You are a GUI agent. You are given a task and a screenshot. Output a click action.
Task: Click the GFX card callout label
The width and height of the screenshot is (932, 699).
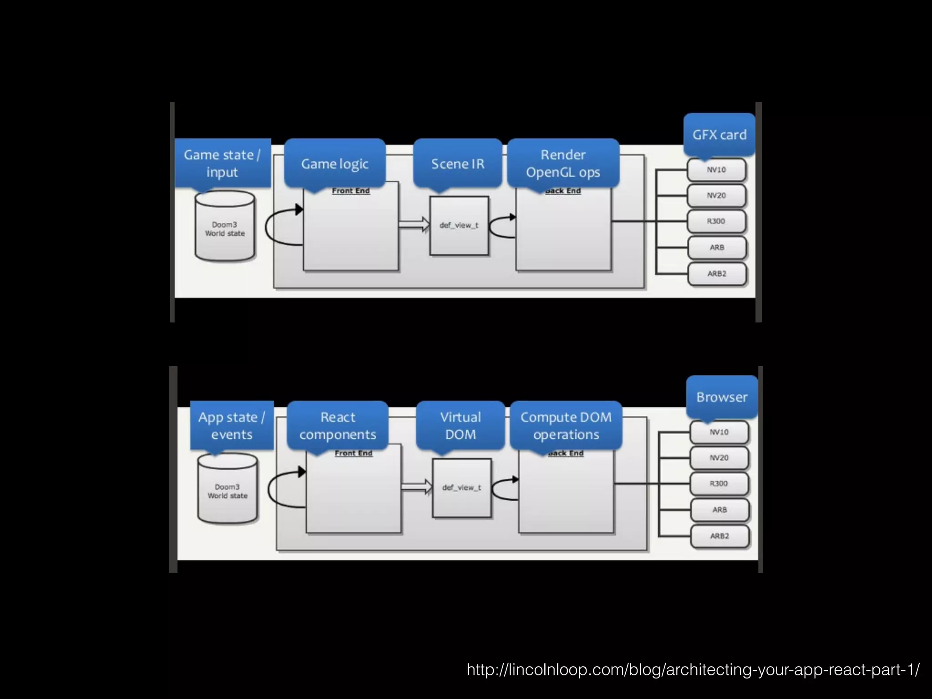pyautogui.click(x=719, y=135)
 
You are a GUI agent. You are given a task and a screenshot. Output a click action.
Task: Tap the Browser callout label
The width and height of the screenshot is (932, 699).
pyautogui.click(x=722, y=397)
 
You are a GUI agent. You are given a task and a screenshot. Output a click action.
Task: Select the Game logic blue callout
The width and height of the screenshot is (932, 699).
pyautogui.click(x=335, y=163)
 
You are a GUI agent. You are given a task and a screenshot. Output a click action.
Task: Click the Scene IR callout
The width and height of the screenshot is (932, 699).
pyautogui.click(x=458, y=163)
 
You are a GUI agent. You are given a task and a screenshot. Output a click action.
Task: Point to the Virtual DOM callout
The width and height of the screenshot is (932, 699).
pyautogui.click(x=461, y=425)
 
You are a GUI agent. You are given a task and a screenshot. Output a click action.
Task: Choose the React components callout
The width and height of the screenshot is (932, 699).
pyautogui.click(x=338, y=425)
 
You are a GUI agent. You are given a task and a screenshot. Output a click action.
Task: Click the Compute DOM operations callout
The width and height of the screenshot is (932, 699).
pyautogui.click(x=566, y=425)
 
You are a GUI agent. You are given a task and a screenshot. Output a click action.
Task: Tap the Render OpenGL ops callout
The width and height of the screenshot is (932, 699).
pyautogui.click(x=563, y=163)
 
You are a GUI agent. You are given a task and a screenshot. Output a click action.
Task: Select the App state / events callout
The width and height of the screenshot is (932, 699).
pyautogui.click(x=232, y=425)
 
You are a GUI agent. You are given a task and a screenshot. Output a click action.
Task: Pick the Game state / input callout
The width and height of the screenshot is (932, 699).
pyautogui.click(x=223, y=163)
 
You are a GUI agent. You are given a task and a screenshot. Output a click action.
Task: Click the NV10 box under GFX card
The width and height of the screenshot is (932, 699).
pyautogui.click(x=716, y=170)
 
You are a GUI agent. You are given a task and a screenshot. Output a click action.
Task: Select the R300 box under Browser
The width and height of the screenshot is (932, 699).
pyautogui.click(x=719, y=484)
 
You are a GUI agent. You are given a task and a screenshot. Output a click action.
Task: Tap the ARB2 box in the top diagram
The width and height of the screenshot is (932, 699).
pyautogui.click(x=717, y=274)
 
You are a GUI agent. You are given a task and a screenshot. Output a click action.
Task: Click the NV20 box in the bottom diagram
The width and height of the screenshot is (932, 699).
pyautogui.click(x=719, y=458)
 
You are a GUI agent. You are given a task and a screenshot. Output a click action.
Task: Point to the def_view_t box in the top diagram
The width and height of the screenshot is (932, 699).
pyautogui.click(x=459, y=226)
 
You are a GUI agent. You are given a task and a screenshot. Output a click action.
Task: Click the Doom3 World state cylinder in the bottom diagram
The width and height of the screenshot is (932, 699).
pyautogui.click(x=228, y=489)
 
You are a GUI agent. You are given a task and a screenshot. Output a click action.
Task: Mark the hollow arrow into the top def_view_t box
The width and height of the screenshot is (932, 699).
pyautogui.click(x=414, y=224)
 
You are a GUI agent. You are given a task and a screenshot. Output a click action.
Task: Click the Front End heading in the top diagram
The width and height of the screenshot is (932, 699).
pyautogui.click(x=351, y=191)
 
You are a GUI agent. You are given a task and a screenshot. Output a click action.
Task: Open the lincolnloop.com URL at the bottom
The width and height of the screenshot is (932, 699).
pyautogui.click(x=693, y=669)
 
